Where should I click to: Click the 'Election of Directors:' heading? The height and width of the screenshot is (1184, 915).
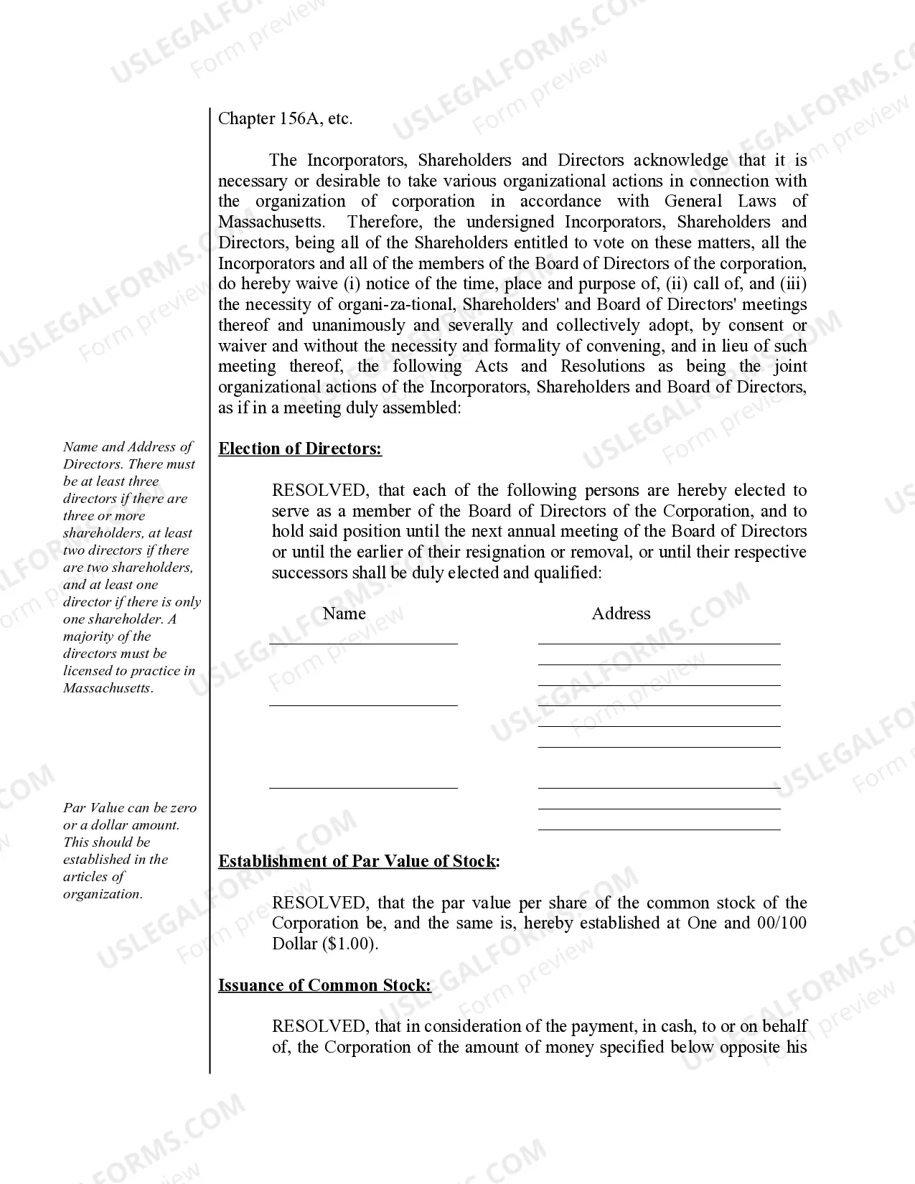(300, 449)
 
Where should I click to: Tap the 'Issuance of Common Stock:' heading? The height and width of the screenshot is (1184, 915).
(324, 985)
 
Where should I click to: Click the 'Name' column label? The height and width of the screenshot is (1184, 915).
(344, 614)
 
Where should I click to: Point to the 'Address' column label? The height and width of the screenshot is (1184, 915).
(621, 614)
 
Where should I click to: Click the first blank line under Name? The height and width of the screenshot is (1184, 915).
(363, 643)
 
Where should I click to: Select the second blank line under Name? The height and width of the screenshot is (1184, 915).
(363, 705)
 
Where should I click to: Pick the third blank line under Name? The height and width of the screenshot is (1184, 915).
(363, 787)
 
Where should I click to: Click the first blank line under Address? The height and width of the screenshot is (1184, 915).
(659, 643)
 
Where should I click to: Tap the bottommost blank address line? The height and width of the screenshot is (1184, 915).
(659, 829)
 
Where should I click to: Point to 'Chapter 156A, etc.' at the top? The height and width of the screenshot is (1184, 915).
(285, 119)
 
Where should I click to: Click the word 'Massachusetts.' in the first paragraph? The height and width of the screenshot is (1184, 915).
(271, 222)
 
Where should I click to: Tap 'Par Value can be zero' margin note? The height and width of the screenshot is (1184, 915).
(129, 808)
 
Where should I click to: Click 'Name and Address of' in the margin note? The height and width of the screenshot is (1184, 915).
(127, 447)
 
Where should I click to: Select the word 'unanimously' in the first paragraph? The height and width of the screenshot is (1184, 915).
(358, 326)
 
